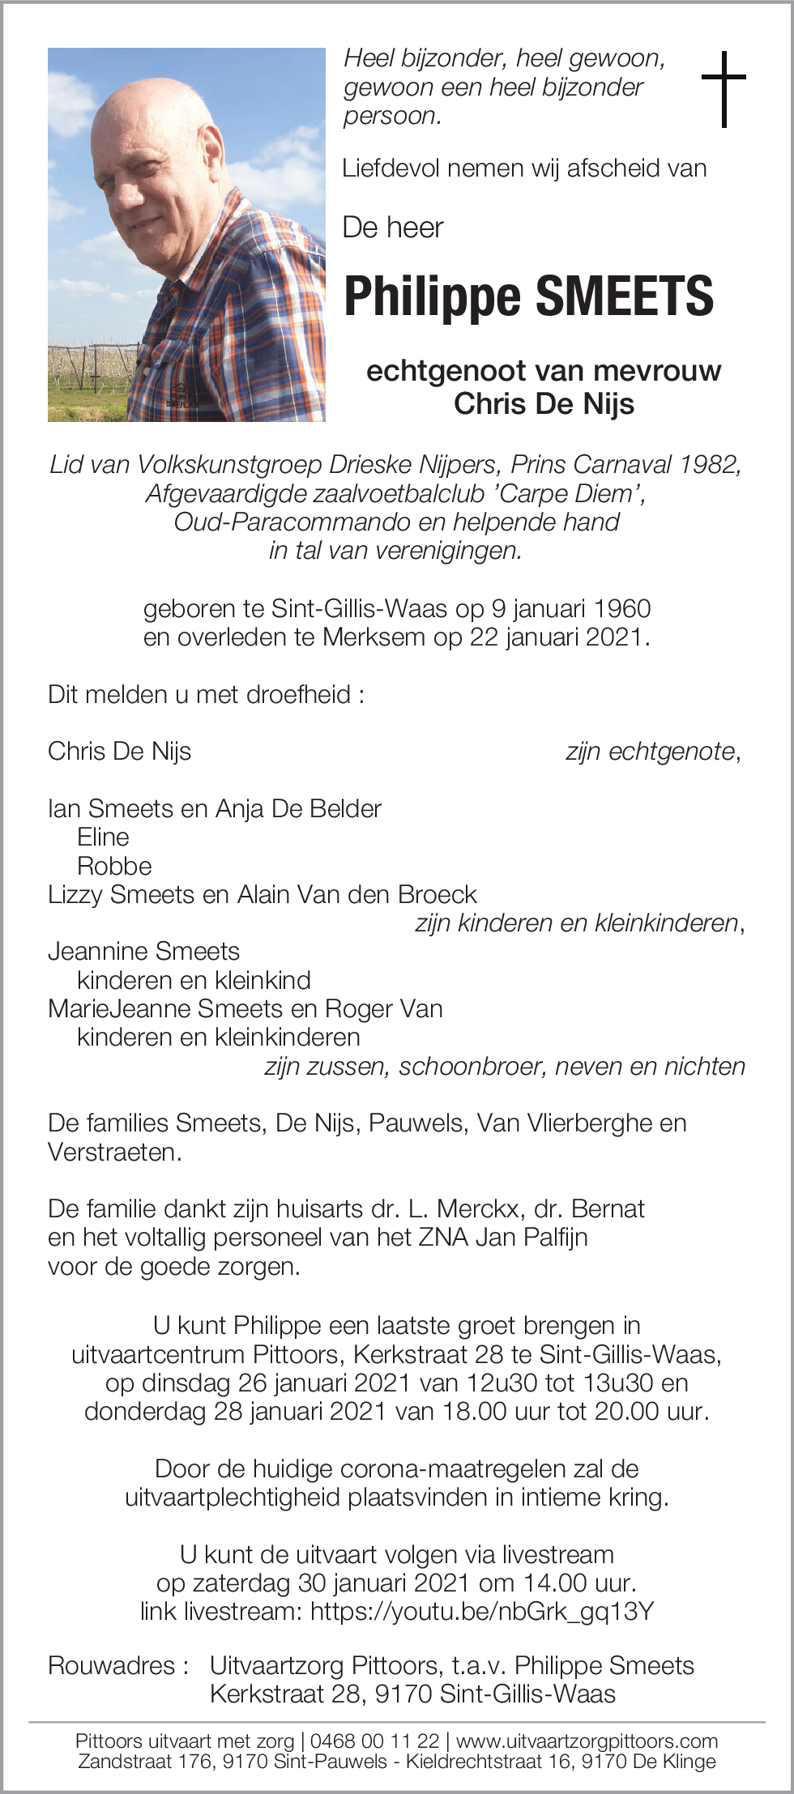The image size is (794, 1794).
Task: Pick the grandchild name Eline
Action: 103,837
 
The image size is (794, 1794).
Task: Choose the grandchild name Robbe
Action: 114,866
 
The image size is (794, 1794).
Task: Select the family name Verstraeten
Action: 113,1152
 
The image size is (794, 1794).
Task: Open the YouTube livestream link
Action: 481,1611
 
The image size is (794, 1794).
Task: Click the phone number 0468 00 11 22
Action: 374,1741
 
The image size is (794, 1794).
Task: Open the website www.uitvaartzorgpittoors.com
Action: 587,1741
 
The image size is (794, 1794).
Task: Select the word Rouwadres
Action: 112,1665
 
